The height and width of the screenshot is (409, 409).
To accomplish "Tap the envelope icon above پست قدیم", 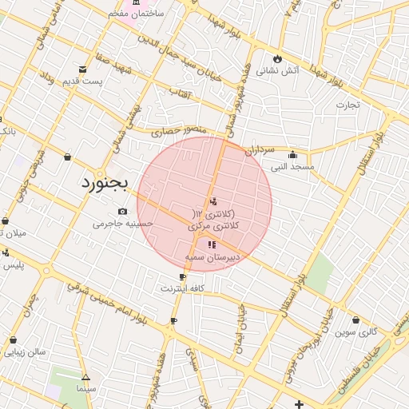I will [83, 69].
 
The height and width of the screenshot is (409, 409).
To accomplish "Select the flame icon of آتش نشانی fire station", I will [277, 58].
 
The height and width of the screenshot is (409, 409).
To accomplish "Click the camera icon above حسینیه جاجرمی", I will [122, 211].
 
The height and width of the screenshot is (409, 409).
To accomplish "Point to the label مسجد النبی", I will [292, 167].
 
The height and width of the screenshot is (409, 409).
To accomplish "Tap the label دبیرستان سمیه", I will [212, 257].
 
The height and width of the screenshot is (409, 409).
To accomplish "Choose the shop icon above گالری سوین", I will [355, 320].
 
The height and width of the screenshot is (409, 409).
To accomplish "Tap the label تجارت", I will [347, 104].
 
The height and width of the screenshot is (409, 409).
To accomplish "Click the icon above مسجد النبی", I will [292, 155].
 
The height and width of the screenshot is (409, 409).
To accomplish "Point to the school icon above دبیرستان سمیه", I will [211, 244].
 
